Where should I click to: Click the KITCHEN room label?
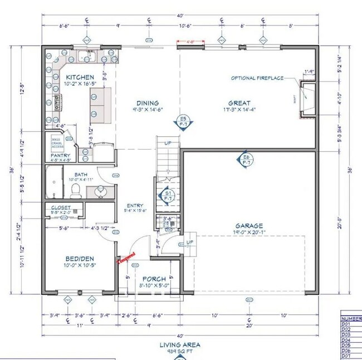(x=80, y=77)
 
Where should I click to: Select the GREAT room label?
(x=239, y=103)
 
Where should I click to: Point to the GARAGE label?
(x=249, y=226)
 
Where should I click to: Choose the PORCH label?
(x=154, y=279)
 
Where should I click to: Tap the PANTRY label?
(x=59, y=156)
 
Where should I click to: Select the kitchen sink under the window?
(x=88, y=56)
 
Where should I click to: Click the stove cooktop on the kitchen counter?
(x=56, y=103)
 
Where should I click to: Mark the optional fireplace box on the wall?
(x=308, y=100)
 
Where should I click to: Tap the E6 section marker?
(x=246, y=160)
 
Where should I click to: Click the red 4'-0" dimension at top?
(x=190, y=41)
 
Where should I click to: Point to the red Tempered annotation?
(x=126, y=257)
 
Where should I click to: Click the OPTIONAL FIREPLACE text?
(x=257, y=78)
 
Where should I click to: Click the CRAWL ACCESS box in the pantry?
(x=57, y=142)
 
